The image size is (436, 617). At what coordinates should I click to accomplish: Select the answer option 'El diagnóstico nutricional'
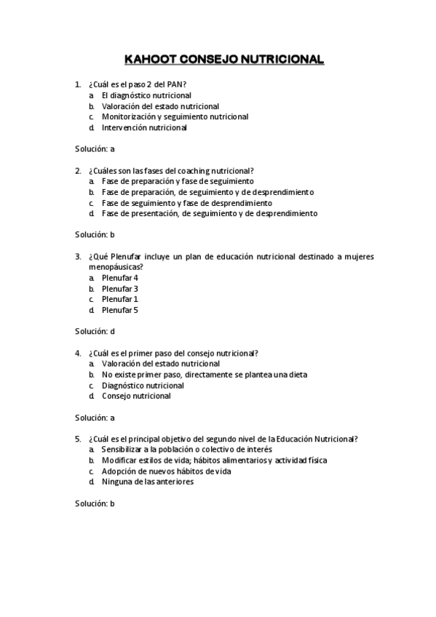pyautogui.click(x=146, y=95)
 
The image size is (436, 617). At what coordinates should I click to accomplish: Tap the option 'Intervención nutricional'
pyautogui.click(x=144, y=127)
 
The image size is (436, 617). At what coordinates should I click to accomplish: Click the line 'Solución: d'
pyautogui.click(x=95, y=332)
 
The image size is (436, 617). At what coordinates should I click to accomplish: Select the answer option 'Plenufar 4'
pyautogui.click(x=120, y=278)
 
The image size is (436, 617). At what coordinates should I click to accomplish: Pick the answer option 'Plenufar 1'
pyautogui.click(x=120, y=299)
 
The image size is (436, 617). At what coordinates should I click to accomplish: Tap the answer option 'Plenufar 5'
pyautogui.click(x=120, y=310)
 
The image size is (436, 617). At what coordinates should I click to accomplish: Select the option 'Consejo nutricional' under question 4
pyautogui.click(x=136, y=397)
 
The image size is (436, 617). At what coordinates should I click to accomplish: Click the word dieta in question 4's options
pyautogui.click(x=297, y=375)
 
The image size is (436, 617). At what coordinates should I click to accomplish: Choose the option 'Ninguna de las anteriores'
pyautogui.click(x=148, y=482)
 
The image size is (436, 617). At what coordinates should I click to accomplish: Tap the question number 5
pyautogui.click(x=78, y=439)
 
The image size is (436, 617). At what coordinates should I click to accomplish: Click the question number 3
pyautogui.click(x=78, y=256)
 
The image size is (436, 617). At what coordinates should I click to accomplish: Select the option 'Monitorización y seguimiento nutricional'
pyautogui.click(x=175, y=116)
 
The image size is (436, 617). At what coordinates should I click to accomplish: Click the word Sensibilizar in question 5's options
pyautogui.click(x=124, y=450)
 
